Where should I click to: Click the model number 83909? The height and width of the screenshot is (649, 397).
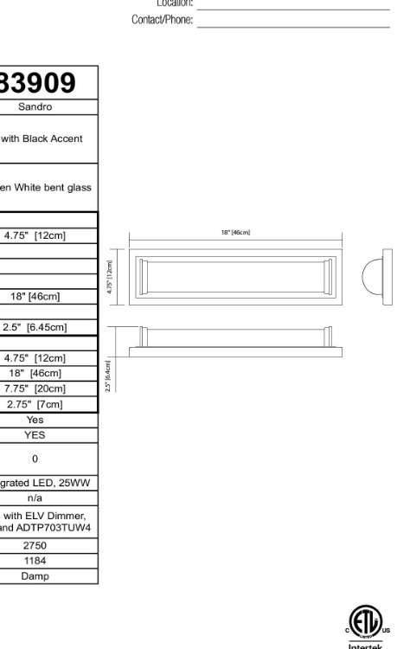point(38,82)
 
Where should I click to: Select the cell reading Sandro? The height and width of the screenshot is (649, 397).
point(35,107)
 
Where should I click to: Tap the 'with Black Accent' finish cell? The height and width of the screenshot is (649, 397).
point(42,138)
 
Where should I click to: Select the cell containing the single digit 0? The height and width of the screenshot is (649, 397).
point(35,459)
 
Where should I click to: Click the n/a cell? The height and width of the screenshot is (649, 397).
point(35,498)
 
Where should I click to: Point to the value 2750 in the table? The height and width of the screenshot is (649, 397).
point(35,545)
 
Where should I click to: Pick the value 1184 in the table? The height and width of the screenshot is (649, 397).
point(35,561)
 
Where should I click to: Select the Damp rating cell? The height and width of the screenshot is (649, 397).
point(35,575)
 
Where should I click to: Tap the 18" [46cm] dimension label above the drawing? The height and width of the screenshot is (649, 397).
point(235,232)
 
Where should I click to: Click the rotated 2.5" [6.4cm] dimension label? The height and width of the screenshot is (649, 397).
point(108,376)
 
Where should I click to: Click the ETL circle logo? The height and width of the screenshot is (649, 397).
point(364,620)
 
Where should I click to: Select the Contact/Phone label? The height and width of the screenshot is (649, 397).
point(162,20)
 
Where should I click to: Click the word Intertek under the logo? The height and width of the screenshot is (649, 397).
point(364,645)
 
